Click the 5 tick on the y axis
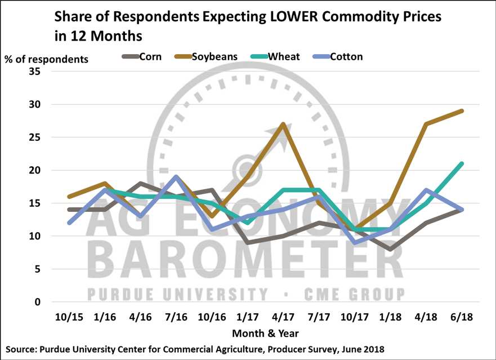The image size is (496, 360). pyautogui.click(x=38, y=269)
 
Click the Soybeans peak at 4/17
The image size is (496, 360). pyautogui.click(x=282, y=124)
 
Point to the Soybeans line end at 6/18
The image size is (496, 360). pyautogui.click(x=462, y=111)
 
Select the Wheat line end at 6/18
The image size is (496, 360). pyautogui.click(x=462, y=163)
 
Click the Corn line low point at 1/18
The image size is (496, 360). pyautogui.click(x=390, y=249)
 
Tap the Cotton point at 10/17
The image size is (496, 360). pyautogui.click(x=354, y=242)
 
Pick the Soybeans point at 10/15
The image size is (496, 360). pyautogui.click(x=68, y=197)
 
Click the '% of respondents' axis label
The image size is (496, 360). pyautogui.click(x=47, y=59)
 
